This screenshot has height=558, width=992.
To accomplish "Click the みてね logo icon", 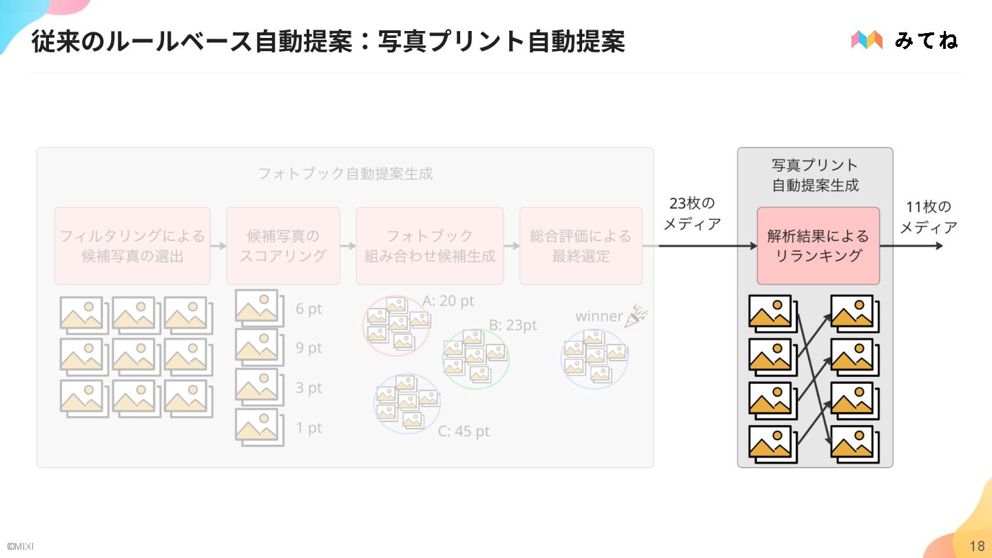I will pos(867,40).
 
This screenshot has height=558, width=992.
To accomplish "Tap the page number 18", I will pos(977,546).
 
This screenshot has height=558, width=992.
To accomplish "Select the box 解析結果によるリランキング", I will pos(818,246).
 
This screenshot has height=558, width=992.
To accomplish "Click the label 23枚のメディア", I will pos(692,214).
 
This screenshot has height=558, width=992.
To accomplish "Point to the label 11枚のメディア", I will pos(929,217).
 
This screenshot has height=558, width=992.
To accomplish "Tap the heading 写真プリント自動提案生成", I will pos(815,175).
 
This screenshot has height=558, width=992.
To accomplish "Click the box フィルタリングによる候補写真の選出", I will pos(132,246).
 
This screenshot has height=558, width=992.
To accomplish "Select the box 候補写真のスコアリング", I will pos(283,246).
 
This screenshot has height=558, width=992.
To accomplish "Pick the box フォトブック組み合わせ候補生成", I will pos(430,246).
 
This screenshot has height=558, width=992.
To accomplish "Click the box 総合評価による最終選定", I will pos(581,246).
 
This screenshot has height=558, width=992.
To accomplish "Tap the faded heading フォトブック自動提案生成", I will pos(345,174).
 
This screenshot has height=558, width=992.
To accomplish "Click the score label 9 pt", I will pos(309,348).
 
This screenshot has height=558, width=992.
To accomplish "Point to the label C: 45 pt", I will pos(464,432).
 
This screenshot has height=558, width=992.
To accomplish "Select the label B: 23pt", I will pos(513,325).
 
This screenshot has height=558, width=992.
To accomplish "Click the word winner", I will pos(599,316).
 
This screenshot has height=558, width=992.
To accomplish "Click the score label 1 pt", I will pos(309,428).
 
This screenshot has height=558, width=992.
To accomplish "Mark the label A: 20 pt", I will pos(448,301).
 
